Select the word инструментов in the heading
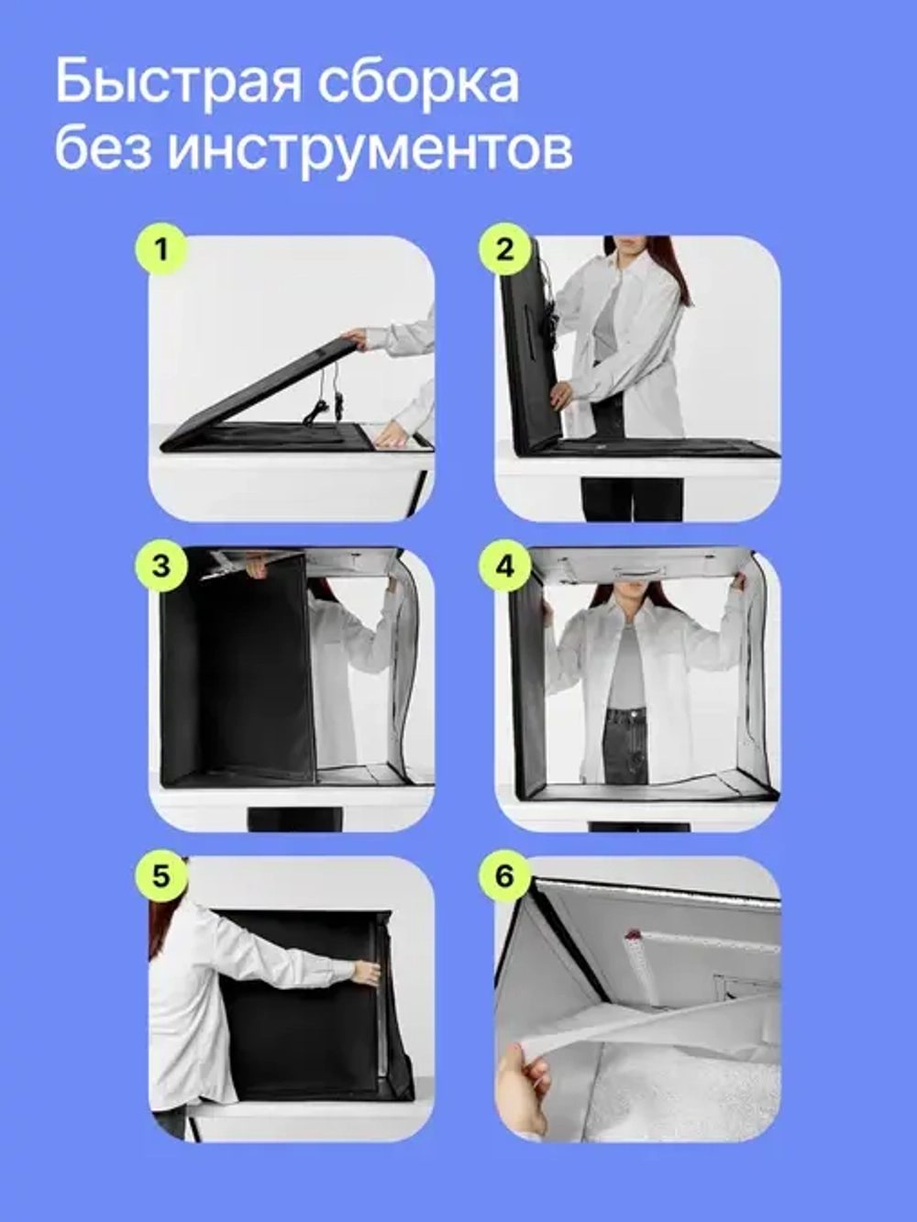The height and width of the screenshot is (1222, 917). [x=370, y=149]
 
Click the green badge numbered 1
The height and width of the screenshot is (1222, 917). [x=161, y=248]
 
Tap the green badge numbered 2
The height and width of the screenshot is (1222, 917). [x=505, y=248]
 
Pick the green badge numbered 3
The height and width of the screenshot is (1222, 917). [x=161, y=565]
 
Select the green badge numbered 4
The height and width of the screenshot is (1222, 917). [x=505, y=565]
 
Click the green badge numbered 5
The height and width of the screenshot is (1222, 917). [x=161, y=876]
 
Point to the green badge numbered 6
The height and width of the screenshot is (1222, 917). [x=505, y=876]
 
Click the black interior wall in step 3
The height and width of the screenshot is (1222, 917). [x=238, y=678]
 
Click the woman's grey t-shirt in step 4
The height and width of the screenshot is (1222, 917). [x=626, y=665]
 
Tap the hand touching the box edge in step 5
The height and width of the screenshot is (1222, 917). [x=366, y=973]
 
